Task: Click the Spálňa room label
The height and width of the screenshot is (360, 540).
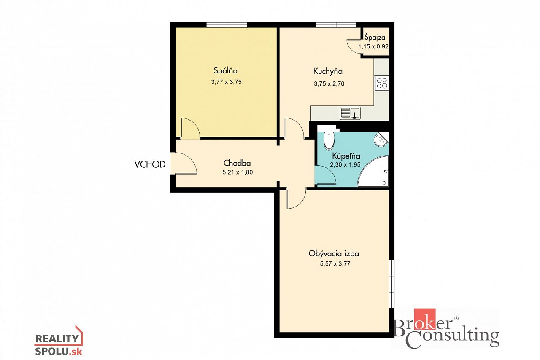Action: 226,71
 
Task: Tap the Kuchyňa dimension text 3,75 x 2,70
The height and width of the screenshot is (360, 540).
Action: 329,84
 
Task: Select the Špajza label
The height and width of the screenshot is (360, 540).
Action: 375,38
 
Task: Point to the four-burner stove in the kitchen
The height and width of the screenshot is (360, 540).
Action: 381,83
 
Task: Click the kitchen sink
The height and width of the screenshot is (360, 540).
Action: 350,113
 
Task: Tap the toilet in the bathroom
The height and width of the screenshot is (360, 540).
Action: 329,140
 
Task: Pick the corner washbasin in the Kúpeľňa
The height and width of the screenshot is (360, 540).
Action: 381,140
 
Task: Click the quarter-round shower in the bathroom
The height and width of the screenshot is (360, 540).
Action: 373,172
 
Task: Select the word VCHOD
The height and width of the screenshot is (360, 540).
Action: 150,164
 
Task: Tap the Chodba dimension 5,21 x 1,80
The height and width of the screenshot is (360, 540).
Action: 238,172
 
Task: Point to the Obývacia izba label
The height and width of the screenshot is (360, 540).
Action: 334,254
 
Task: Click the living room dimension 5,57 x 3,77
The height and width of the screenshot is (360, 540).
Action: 335,263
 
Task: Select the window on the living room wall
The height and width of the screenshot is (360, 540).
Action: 392,284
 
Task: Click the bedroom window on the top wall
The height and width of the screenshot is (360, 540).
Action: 227,25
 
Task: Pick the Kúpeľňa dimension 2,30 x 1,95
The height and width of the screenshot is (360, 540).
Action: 345,164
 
